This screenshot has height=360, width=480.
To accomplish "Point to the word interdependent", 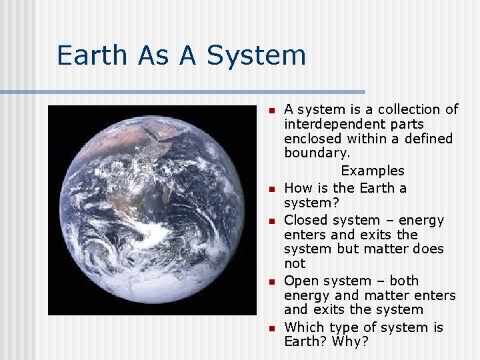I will pos(354,124).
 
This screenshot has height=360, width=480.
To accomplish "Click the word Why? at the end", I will pos(346,341).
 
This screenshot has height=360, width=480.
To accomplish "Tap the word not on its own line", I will pos(295,263).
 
